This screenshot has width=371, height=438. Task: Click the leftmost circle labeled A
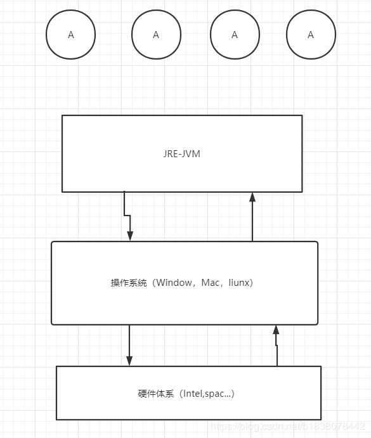(x=70, y=35)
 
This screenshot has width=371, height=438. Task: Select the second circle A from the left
(x=156, y=35)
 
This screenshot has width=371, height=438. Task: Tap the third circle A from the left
(x=235, y=35)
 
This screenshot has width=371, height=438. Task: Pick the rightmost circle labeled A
(x=311, y=35)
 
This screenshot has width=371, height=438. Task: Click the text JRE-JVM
(x=181, y=153)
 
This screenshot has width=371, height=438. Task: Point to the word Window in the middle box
(x=174, y=283)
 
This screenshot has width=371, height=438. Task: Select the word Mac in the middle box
(x=210, y=283)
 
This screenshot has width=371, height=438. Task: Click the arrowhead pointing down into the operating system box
(x=130, y=236)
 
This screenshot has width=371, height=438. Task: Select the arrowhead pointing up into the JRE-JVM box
(x=252, y=197)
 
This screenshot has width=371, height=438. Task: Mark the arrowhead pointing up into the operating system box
(x=276, y=330)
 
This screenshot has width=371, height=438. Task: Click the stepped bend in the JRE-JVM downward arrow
(x=127, y=216)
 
